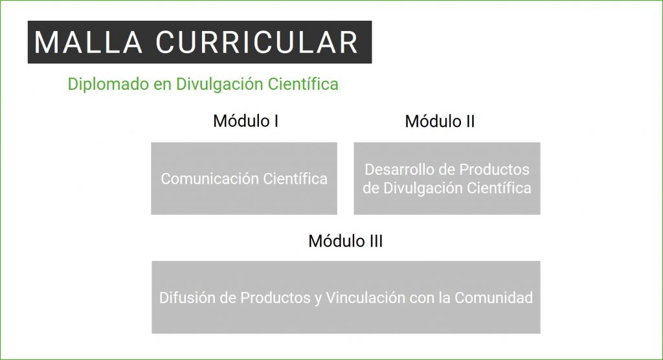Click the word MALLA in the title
click(x=88, y=42)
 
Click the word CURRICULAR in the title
click(x=257, y=42)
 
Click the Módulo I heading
click(x=245, y=121)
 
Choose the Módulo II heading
click(x=440, y=122)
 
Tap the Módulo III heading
click(x=346, y=241)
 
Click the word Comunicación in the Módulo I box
click(x=209, y=179)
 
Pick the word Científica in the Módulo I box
click(x=295, y=179)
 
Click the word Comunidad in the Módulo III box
click(x=493, y=298)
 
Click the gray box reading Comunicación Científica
click(x=244, y=179)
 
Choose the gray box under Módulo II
click(x=447, y=179)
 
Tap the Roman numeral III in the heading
click(x=376, y=241)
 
